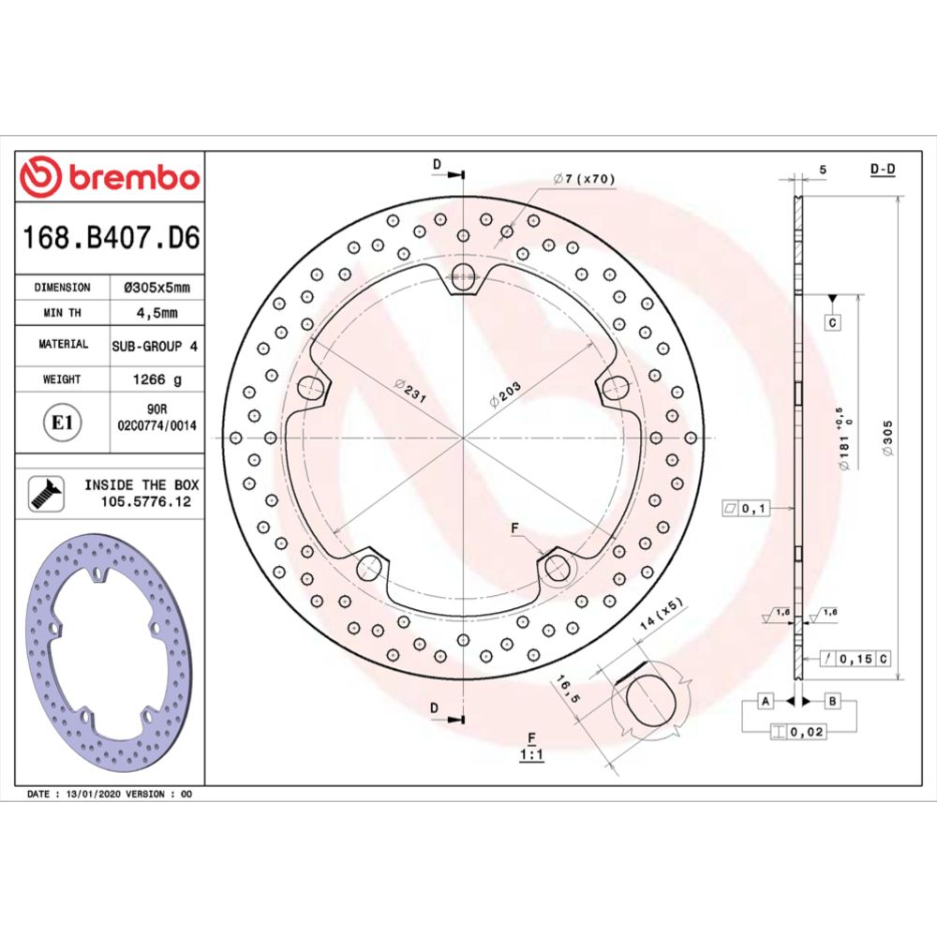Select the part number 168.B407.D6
coord(111,238)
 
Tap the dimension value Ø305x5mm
coord(157,288)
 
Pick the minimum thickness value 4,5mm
coord(157,312)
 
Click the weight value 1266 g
coord(157,379)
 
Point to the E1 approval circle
coord(62,423)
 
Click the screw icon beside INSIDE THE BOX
coord(42,493)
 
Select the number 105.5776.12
coord(139,502)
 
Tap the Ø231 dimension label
coord(410,391)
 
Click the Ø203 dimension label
coord(505,394)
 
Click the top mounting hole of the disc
coord(463,274)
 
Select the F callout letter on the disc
coord(514,529)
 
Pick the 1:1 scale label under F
coord(531,754)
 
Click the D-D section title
coord(883,170)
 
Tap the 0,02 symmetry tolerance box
coord(809,731)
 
